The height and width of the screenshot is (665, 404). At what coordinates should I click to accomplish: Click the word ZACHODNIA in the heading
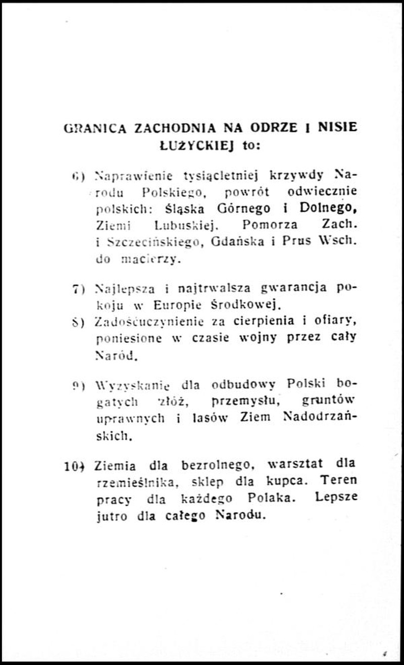click(168, 128)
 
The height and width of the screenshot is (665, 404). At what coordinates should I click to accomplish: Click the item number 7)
click(78, 289)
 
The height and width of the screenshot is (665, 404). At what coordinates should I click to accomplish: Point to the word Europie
click(178, 305)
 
